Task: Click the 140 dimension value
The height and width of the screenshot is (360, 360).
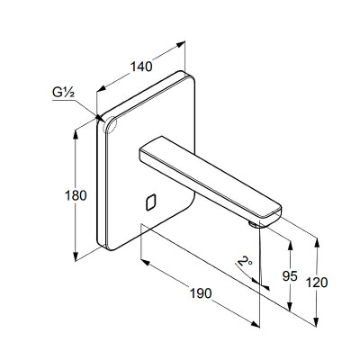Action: point(141,67)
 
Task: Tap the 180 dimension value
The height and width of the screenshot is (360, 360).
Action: point(76,195)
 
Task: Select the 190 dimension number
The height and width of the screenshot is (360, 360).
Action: point(201,293)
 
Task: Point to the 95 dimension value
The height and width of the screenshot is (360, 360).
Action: point(290,276)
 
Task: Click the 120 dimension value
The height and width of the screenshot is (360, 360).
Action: point(317,283)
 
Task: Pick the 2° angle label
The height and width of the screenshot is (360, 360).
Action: point(245,261)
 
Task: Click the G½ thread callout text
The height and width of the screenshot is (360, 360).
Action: point(63,93)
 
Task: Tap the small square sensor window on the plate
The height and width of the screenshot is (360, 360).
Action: point(151,202)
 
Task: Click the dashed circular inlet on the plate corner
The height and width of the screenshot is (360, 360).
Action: point(109,124)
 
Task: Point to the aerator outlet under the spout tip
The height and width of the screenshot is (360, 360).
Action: point(254,224)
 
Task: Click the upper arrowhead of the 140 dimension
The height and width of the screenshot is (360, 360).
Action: point(181,44)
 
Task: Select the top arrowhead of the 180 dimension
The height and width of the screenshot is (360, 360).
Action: point(76,135)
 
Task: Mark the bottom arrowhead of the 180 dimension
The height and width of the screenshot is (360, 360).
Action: point(76,256)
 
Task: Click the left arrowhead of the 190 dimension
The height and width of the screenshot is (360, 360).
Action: point(145,263)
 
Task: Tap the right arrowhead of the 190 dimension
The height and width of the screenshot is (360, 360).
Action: point(256,324)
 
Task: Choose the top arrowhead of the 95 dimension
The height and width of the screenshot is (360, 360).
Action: point(290,246)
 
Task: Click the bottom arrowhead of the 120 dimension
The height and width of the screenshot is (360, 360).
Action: point(317,321)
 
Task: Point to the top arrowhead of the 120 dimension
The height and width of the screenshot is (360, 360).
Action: point(317,242)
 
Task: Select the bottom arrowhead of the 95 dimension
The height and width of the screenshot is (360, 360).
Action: point(290,306)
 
